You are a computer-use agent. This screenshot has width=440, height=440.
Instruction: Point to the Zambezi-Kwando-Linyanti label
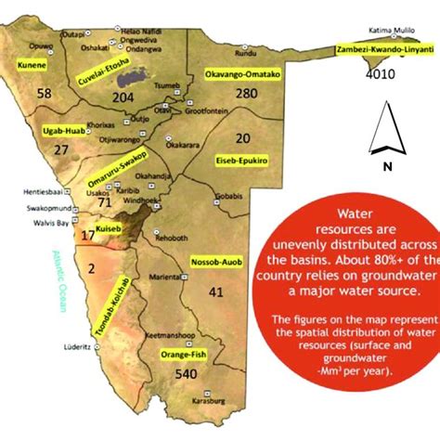pos(386,49)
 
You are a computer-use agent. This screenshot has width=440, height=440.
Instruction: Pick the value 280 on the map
pos(246,94)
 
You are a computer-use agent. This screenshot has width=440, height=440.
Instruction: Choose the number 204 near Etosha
pos(123,96)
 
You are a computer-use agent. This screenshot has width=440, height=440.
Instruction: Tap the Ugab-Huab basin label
pos(63,131)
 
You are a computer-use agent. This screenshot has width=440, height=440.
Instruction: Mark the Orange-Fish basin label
pos(181,355)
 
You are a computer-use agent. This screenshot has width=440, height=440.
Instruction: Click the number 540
pos(186,375)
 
